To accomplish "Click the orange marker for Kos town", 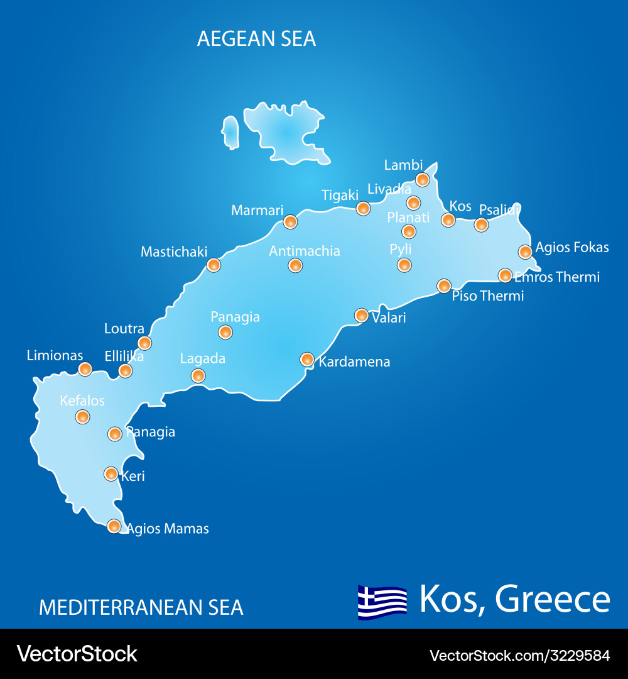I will click(x=448, y=219).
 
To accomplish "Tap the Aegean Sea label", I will click(x=256, y=38).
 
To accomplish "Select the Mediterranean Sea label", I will click(x=141, y=607).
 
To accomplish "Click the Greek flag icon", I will click(x=382, y=602).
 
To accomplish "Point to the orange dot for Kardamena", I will click(x=307, y=359).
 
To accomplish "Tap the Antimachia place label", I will click(x=305, y=251).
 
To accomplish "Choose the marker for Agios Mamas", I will click(x=114, y=526).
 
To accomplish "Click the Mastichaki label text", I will click(x=174, y=251).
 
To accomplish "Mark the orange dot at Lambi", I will click(x=423, y=180).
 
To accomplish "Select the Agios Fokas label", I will click(x=572, y=247).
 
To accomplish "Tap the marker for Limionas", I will click(x=85, y=369).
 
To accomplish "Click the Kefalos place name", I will click(x=82, y=400).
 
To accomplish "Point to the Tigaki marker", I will click(x=363, y=208).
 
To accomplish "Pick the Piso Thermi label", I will click(x=488, y=295).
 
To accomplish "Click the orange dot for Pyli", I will click(x=404, y=265).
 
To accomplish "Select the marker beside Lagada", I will click(x=198, y=375).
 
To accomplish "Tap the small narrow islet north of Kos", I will click(x=230, y=132).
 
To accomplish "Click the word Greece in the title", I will click(x=553, y=599).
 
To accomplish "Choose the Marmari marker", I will click(x=290, y=221).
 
